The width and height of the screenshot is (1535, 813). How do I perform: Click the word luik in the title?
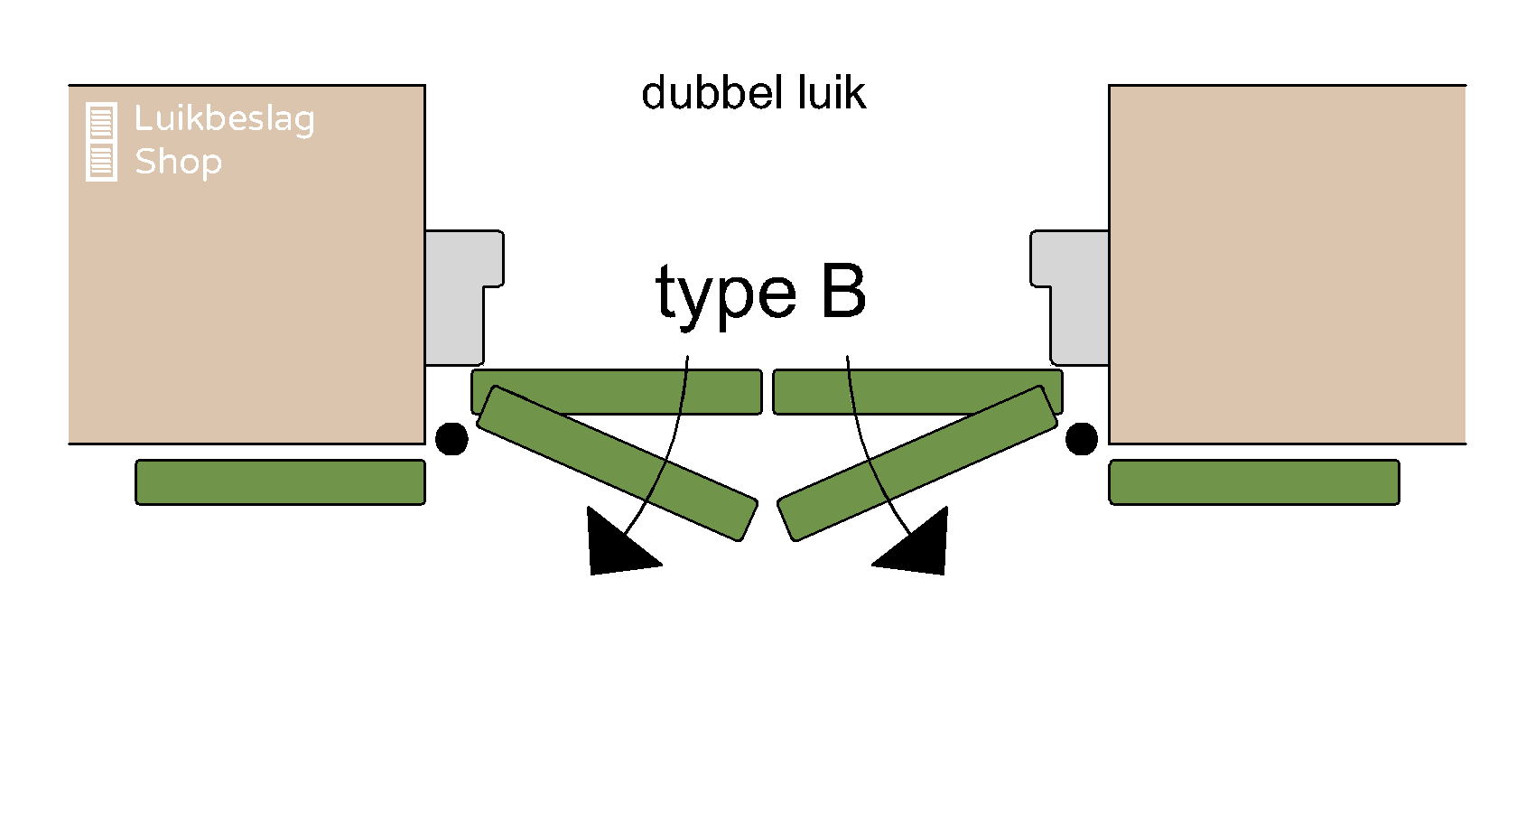[x=832, y=94]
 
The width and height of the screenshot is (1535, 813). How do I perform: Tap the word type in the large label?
[x=725, y=294]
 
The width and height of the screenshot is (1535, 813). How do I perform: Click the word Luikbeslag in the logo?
[x=224, y=119]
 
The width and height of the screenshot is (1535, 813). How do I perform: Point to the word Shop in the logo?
[x=178, y=163]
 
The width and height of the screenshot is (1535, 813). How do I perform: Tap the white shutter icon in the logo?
[x=101, y=142]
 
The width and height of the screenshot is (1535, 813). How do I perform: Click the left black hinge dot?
[x=451, y=439]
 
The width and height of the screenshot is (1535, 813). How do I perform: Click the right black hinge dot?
[x=1081, y=439]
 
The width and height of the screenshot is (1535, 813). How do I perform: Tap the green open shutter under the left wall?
[x=280, y=482]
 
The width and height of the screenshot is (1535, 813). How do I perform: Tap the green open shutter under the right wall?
[x=1253, y=482]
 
